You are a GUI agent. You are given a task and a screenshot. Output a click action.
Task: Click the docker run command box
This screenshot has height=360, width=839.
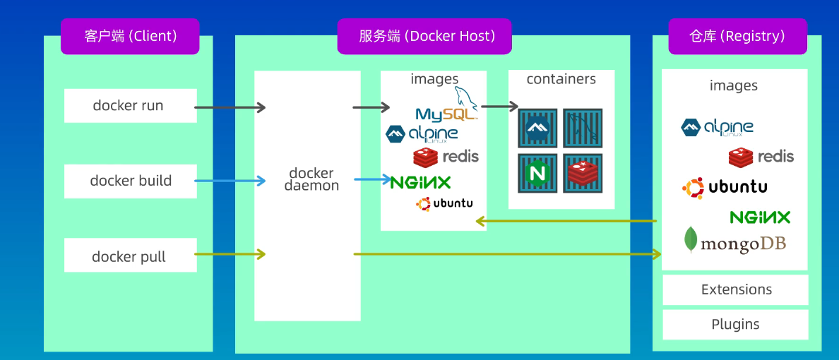131,106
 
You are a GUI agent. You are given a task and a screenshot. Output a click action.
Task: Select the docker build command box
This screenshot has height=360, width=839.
131,181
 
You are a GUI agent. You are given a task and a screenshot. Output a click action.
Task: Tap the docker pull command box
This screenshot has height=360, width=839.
131,256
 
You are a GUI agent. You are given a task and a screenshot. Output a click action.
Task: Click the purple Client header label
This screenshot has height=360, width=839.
130,36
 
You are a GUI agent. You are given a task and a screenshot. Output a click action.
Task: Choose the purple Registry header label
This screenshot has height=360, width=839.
737,36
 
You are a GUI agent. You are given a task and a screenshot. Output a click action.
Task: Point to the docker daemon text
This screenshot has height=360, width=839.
311,180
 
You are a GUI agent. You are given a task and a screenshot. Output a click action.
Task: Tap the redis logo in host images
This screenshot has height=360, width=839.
446,156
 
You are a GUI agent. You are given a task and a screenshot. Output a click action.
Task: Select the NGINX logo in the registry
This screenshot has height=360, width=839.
760,217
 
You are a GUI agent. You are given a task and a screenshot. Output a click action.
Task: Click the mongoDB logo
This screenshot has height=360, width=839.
734,242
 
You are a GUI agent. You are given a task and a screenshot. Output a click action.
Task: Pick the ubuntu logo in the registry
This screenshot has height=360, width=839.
725,187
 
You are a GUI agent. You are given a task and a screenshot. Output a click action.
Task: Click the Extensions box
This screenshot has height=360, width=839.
736,290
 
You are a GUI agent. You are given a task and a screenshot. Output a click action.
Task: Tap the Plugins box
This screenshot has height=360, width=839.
736,325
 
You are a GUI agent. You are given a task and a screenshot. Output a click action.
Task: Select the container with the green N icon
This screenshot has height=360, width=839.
537,173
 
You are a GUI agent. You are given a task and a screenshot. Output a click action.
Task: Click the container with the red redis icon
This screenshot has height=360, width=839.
583,173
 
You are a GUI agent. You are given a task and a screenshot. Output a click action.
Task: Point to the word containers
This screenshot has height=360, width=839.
561,79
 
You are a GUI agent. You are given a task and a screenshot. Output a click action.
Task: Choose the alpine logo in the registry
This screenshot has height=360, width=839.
717,127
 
